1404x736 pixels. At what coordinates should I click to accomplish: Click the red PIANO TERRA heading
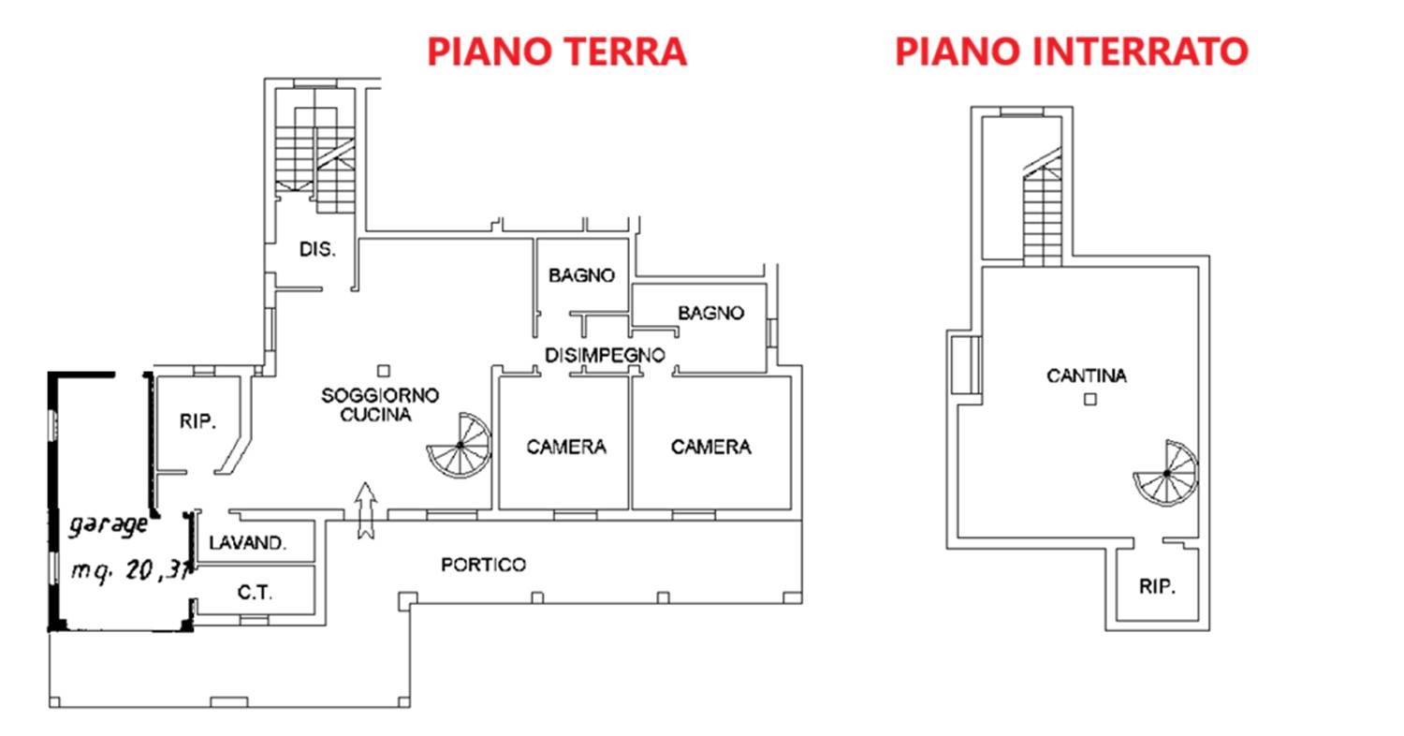[557, 52]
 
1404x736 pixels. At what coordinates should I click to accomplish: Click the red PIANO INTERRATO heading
[1072, 52]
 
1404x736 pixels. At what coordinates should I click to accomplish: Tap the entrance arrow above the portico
[366, 510]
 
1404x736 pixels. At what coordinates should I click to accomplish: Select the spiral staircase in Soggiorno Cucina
[460, 445]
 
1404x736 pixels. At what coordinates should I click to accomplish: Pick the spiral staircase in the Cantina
[1166, 473]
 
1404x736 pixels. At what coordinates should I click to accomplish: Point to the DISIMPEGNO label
[605, 356]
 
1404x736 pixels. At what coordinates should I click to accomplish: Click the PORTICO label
[483, 565]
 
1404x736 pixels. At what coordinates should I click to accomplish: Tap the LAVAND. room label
[248, 543]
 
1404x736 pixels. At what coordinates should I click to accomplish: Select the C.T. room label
[256, 593]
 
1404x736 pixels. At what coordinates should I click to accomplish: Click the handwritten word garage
[109, 525]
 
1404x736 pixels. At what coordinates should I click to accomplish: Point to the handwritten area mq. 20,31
[130, 571]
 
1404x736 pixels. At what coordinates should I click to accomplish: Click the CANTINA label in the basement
[1087, 375]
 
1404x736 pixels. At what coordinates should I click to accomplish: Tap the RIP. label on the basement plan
[1157, 587]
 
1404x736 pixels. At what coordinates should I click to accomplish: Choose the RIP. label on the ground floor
[198, 421]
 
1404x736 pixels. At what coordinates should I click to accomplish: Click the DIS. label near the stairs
[318, 249]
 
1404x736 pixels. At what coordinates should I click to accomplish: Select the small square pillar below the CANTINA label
[1090, 399]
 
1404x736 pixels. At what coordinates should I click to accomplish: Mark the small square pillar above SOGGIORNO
[384, 371]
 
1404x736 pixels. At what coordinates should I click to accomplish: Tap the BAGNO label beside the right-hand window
[710, 313]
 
